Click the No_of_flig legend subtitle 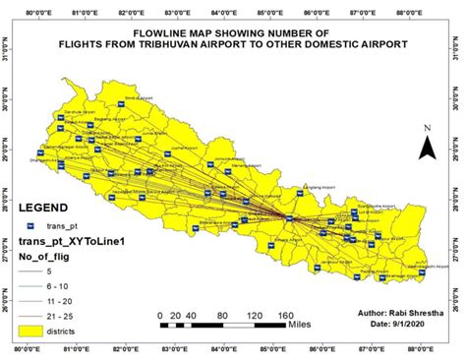pyautogui.click(x=50, y=257)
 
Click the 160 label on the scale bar pyautogui.click(x=283, y=316)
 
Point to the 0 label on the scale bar pyautogui.click(x=160, y=316)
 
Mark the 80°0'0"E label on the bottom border pyautogui.click(x=32, y=347)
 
